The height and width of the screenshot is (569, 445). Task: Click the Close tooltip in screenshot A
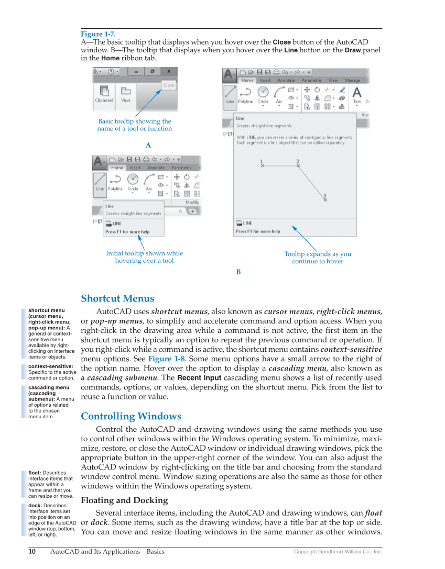[168, 85]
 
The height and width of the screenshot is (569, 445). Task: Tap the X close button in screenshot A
[168, 71]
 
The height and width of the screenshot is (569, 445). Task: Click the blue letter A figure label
[148, 144]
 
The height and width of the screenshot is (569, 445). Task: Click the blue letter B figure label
[238, 272]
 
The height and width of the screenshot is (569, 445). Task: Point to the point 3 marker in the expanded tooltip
[325, 198]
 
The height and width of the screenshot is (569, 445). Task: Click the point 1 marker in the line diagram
[262, 164]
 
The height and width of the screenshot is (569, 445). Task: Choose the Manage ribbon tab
[352, 81]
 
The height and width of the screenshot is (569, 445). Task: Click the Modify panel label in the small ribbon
[192, 202]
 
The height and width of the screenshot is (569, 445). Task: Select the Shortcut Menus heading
[117, 299]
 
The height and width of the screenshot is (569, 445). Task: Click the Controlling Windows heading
[131, 417]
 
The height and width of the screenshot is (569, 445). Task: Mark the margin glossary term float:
[37, 473]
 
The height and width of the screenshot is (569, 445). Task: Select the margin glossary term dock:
[37, 505]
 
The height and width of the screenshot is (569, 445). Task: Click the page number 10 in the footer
[32, 551]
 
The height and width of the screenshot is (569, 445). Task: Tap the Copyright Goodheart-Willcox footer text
[338, 552]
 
